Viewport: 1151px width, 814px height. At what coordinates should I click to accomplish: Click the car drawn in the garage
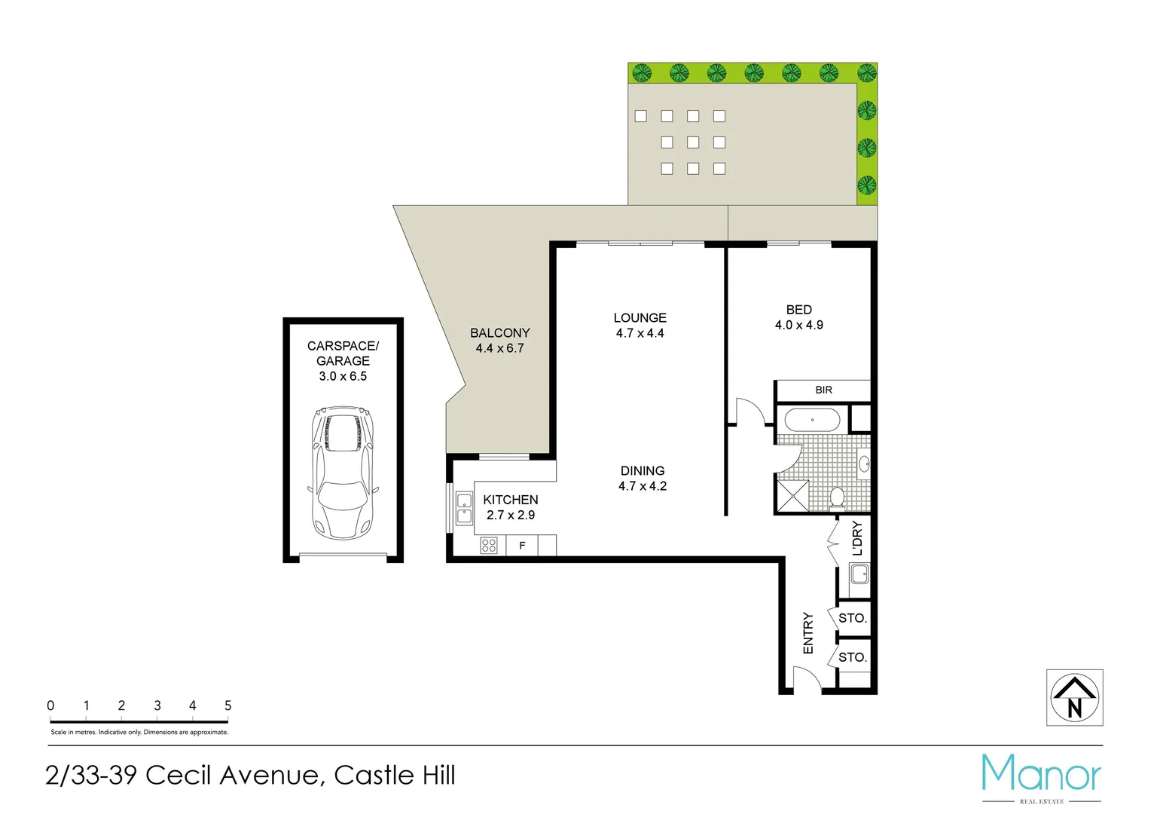point(343,473)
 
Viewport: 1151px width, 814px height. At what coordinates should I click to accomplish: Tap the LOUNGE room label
point(640,318)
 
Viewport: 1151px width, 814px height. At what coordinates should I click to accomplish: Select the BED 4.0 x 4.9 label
point(798,317)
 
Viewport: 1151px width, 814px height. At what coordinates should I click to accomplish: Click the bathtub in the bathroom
point(812,420)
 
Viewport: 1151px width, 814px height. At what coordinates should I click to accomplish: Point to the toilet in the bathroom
point(837,497)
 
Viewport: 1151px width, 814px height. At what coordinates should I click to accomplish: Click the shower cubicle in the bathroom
point(792,497)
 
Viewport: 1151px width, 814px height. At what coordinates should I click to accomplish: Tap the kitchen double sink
point(464,508)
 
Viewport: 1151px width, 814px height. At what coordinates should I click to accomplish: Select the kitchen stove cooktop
point(489,545)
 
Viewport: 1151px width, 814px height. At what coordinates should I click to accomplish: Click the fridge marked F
point(522,545)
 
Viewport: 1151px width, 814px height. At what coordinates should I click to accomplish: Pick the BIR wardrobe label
point(823,390)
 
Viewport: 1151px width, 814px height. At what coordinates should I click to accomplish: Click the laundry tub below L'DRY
point(859,575)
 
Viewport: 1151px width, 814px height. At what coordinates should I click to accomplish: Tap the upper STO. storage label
point(853,618)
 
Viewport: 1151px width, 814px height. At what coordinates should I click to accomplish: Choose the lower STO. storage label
point(853,657)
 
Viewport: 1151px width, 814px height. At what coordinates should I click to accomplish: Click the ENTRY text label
point(808,633)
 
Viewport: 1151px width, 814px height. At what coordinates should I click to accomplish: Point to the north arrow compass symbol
point(1074,698)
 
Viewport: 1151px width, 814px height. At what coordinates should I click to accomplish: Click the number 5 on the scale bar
point(227,705)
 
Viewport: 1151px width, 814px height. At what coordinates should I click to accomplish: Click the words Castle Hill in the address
point(395,775)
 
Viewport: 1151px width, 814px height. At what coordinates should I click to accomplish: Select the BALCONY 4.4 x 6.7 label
point(499,340)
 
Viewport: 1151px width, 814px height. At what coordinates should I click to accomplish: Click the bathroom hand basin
point(864,463)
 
